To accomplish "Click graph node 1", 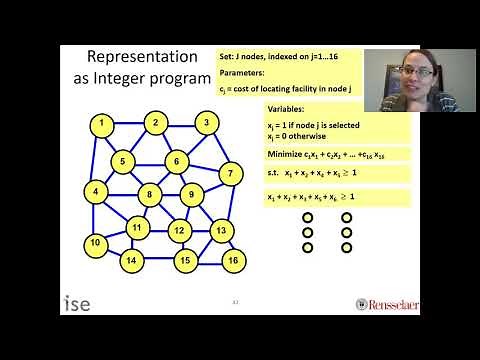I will tap(102, 124).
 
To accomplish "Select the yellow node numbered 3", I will tap(206, 124).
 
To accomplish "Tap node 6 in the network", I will tap(177, 161).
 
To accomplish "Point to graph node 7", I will tap(230, 174).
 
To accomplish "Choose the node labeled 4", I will tap(95, 190).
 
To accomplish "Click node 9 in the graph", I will tap(191, 193).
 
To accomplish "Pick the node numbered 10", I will tap(95, 243).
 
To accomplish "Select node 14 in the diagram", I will tap(130, 261).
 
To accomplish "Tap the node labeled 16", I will tap(233, 261).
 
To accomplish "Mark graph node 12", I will tap(179, 232).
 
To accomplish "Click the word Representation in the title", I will tap(134, 57).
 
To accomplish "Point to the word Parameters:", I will tap(243, 72).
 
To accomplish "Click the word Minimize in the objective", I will tap(286, 155).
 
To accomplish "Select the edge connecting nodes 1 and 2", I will tap(128, 124).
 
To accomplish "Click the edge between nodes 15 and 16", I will tap(209, 261).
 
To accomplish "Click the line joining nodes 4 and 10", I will tap(95, 216).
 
